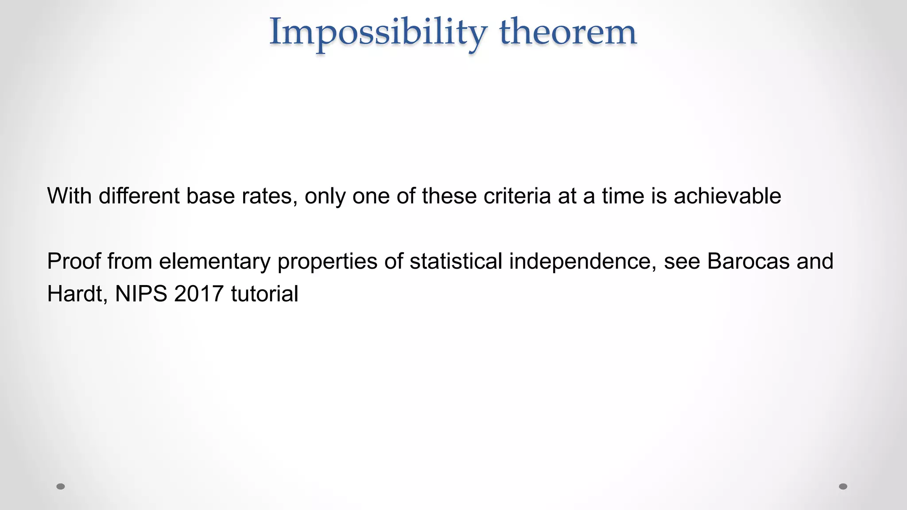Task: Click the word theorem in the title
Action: coord(568,32)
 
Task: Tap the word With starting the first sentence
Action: coord(69,196)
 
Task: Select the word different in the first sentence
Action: coord(139,196)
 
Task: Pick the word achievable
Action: coord(727,196)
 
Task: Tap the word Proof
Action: coord(74,261)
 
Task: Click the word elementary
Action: coord(215,261)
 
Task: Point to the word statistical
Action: coord(456,261)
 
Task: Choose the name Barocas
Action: coord(748,261)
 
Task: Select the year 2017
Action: coord(199,294)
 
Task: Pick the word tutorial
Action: coord(264,294)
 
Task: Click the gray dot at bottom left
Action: coord(61,487)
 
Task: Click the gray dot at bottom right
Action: coord(843,487)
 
